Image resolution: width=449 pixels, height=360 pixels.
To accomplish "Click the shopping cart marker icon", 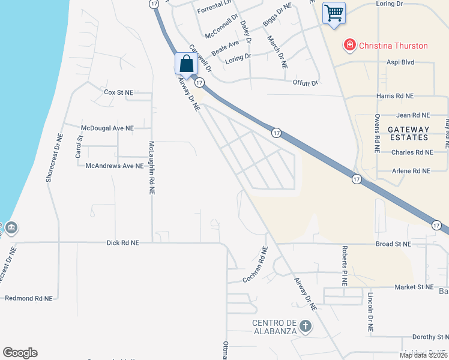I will tap(334, 13).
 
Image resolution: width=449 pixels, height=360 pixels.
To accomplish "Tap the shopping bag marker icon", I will tap(186, 64).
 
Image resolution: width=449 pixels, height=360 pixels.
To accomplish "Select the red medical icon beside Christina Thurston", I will tap(348, 45).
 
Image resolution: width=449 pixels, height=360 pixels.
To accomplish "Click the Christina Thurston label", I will tap(393, 46).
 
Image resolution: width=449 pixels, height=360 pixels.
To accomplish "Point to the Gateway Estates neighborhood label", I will tap(408, 133).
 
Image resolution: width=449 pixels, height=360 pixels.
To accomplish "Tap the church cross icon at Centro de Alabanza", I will tap(306, 326).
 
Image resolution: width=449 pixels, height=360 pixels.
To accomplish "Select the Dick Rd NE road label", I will tap(122, 243).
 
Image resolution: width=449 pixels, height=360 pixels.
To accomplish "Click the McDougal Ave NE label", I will tap(107, 128).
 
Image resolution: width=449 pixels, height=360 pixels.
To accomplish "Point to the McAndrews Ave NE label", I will tap(115, 166).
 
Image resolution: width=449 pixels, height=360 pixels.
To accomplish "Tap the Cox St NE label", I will tap(118, 92).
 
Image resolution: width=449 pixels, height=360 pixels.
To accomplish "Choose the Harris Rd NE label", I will tap(395, 96).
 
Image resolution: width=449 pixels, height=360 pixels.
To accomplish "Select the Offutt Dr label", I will tap(305, 83).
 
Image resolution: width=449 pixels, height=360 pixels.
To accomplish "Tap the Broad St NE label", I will tap(393, 244).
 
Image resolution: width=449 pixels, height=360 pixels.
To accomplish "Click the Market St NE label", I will tap(414, 287).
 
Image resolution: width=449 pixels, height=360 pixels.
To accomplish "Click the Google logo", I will tap(20, 353).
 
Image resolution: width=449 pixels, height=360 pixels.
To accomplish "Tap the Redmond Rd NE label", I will tap(28, 298).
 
